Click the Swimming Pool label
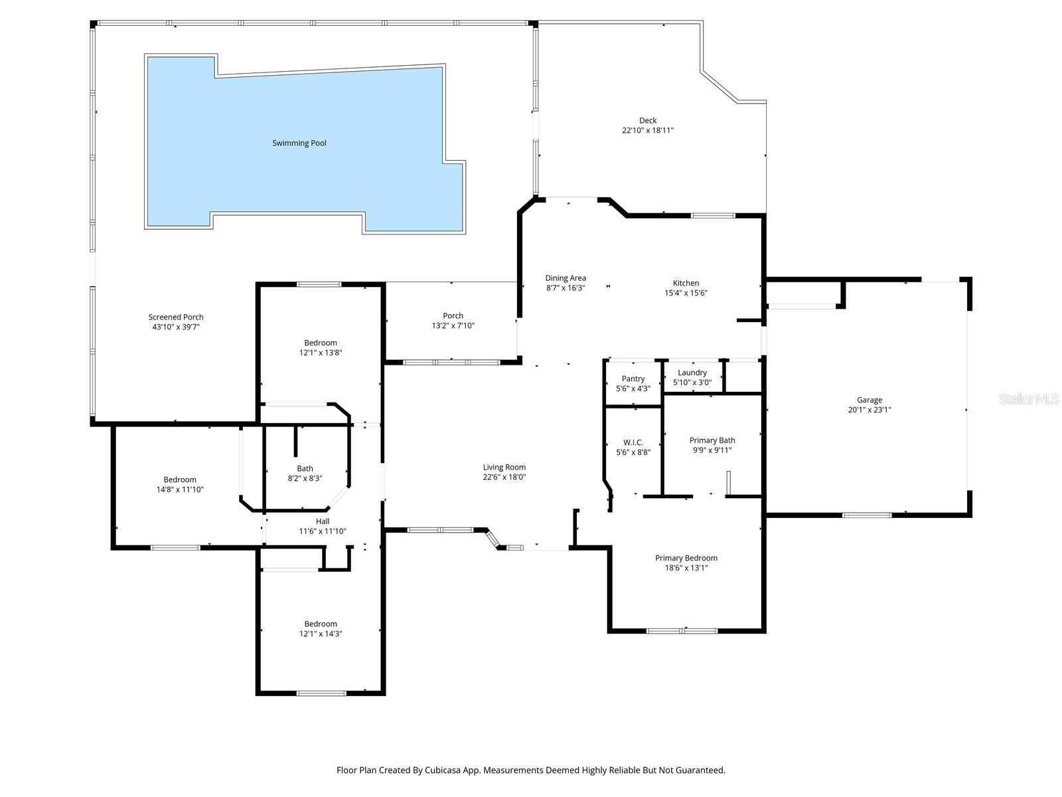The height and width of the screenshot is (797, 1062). [x=299, y=143]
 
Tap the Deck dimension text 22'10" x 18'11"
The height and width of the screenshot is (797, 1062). [x=648, y=131]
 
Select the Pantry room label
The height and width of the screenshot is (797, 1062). [x=633, y=379]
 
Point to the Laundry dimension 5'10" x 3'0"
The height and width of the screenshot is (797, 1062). [x=692, y=383]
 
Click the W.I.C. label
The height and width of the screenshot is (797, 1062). [x=633, y=442]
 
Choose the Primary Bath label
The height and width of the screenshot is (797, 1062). [x=712, y=440]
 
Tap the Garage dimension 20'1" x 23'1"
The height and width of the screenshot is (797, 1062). [x=870, y=410]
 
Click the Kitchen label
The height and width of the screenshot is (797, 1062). [x=686, y=283]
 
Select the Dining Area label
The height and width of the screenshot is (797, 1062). [x=566, y=278]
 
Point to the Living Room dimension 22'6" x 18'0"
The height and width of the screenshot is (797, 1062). [x=504, y=477]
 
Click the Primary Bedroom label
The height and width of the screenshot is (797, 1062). [x=686, y=558]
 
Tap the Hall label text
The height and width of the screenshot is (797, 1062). [x=323, y=521]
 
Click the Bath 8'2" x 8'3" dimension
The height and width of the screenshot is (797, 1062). [x=305, y=478]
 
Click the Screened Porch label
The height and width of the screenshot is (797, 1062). [x=176, y=317]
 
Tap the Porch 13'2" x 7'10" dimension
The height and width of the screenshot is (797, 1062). [x=453, y=325]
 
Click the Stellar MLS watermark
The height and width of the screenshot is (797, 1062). [x=1029, y=398]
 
